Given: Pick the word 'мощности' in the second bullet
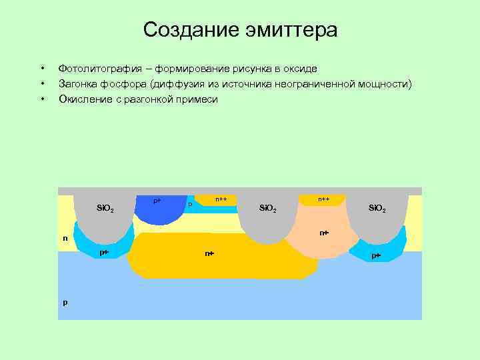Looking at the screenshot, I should [385, 84].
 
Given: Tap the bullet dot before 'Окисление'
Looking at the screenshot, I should [42, 99].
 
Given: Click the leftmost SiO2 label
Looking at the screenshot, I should [105, 209].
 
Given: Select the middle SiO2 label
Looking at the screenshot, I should [267, 209].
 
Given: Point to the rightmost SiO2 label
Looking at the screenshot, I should [377, 209].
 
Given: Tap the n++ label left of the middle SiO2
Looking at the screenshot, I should [221, 199].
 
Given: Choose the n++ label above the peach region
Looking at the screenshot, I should [323, 199].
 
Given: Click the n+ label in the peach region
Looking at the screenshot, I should [323, 233].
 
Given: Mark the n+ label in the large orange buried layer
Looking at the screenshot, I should [209, 253].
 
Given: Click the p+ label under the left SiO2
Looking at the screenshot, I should [104, 253].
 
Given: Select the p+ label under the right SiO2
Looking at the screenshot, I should [376, 255].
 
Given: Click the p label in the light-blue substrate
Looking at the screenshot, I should [65, 302].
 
